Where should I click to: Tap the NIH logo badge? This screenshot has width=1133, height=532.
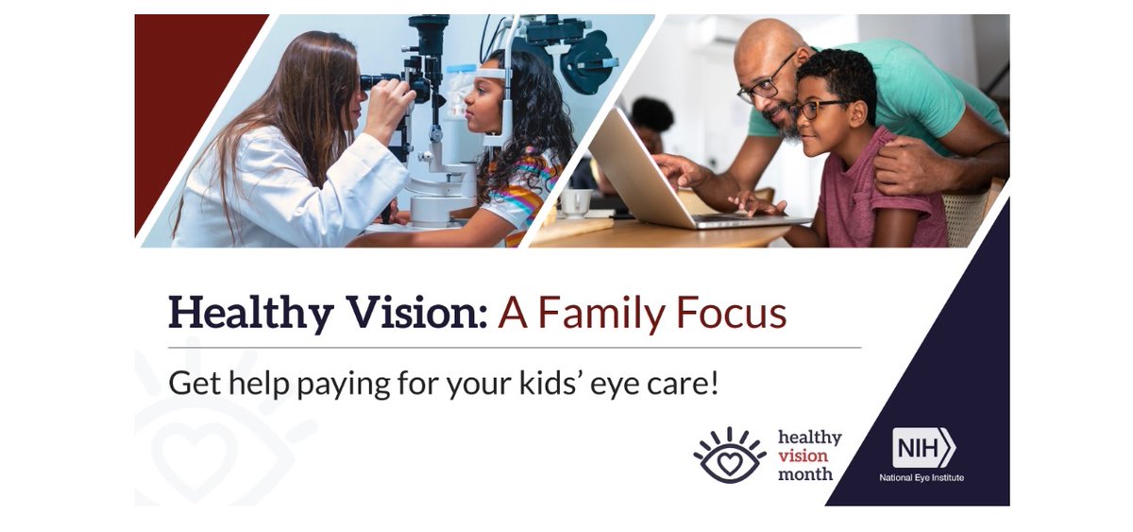923,447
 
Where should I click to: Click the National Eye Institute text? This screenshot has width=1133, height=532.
922,477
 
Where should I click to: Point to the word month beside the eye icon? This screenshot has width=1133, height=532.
804,473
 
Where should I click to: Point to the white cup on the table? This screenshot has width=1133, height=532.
576,202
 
